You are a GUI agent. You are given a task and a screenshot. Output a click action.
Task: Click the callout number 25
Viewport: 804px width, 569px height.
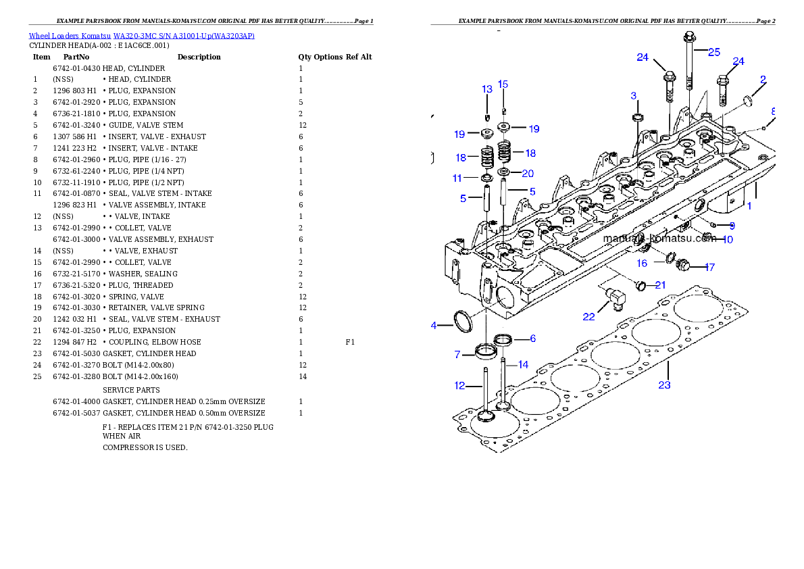pos(714,52)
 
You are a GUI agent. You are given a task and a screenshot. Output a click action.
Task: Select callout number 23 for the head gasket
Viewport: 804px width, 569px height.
pos(665,385)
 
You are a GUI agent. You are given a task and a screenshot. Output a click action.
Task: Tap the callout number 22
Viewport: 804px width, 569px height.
pos(589,316)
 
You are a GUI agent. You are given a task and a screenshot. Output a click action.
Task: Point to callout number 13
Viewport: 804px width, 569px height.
pos(487,89)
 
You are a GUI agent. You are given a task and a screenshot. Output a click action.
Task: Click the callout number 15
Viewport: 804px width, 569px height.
pos(503,84)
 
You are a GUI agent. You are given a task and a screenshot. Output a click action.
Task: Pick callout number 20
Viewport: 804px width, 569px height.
pos(528,174)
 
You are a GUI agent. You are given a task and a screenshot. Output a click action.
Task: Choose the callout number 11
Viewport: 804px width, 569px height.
pos(457,178)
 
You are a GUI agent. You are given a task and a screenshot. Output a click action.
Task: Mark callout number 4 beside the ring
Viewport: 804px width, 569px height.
pos(434,326)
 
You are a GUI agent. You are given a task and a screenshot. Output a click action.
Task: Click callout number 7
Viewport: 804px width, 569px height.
pos(457,355)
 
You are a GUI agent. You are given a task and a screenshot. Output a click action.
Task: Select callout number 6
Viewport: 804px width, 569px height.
pos(532,339)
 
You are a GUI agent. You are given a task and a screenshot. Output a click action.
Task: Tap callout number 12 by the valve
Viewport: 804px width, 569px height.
pos(459,386)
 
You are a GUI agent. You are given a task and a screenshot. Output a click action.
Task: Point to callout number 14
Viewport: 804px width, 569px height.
pos(523,365)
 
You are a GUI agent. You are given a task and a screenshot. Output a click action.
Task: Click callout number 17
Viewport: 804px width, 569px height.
pos(709,268)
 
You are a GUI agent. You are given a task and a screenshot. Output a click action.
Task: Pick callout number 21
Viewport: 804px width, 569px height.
pos(660,285)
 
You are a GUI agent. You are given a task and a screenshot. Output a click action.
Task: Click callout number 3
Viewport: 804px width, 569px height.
pos(634,95)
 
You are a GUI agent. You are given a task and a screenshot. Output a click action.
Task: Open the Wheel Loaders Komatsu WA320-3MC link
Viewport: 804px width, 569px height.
pos(141,36)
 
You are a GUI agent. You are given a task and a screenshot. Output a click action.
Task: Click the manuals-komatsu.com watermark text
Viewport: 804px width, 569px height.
pos(659,239)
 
